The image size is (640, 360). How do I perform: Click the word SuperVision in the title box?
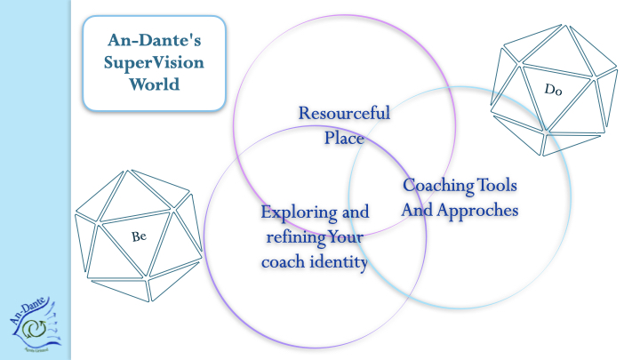click(153, 63)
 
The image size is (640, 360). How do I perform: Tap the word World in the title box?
click(153, 84)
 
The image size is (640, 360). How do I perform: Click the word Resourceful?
click(344, 113)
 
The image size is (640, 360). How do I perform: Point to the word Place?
click(343, 138)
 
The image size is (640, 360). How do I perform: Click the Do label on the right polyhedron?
click(554, 88)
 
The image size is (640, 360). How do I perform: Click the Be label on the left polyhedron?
click(139, 236)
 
